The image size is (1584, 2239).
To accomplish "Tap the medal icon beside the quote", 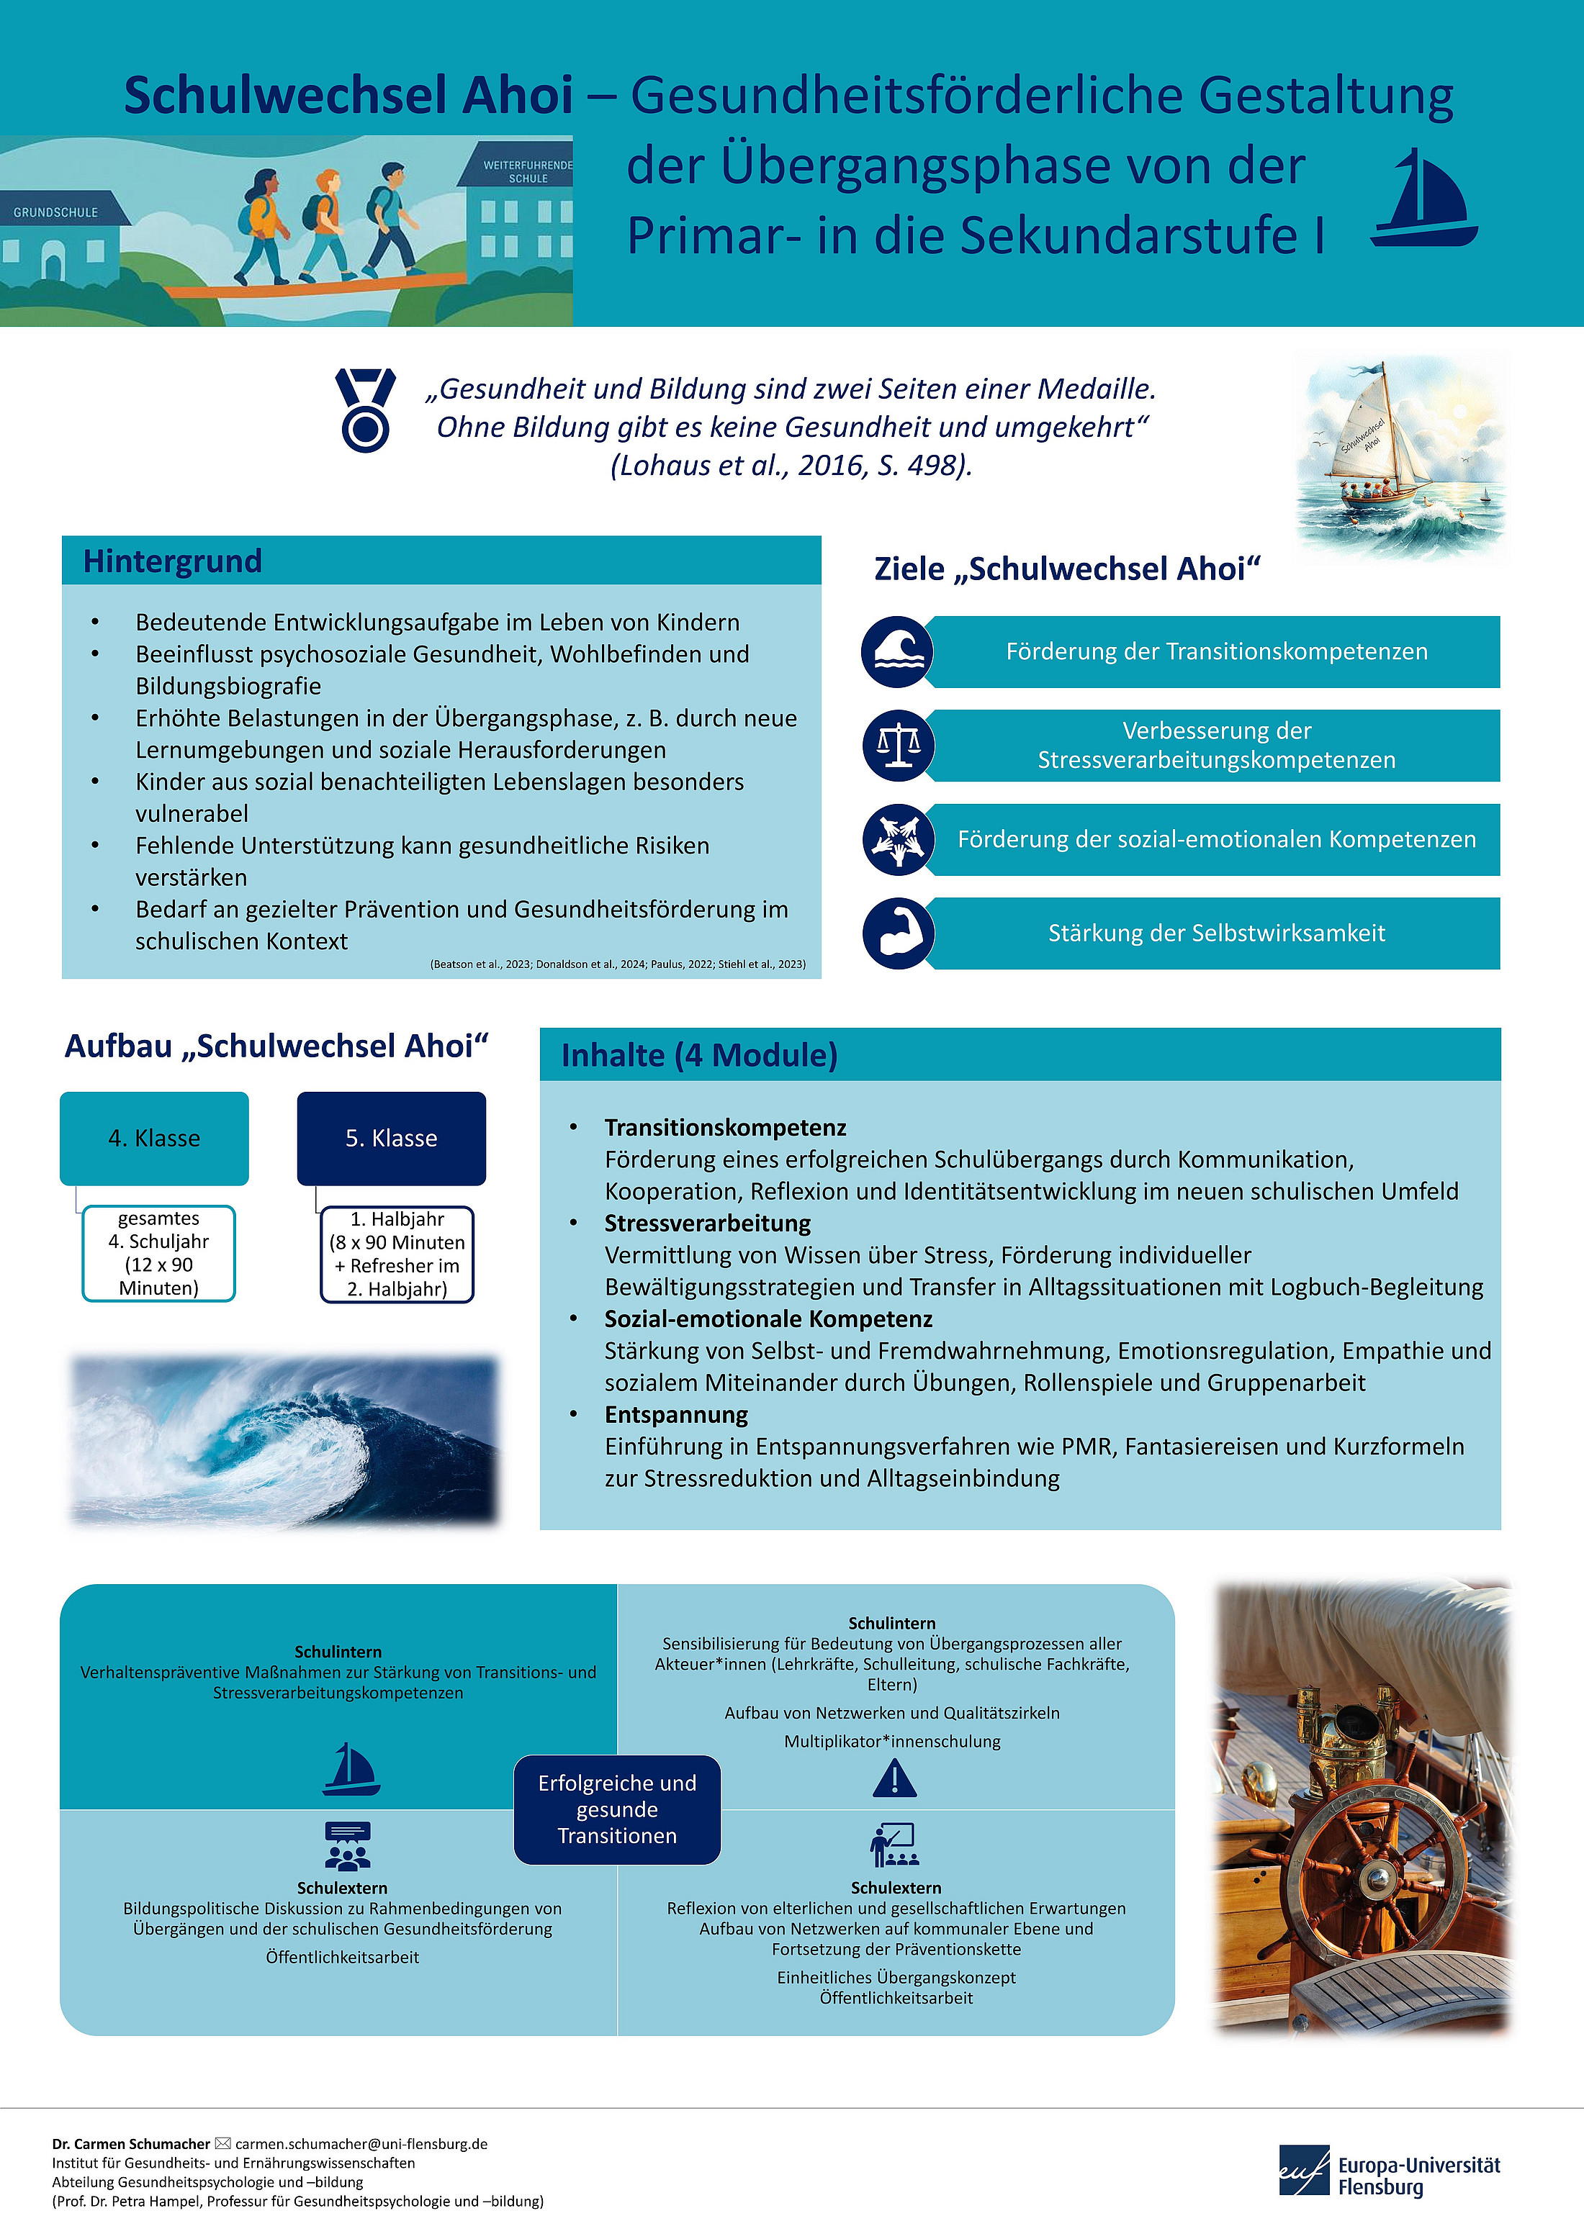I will click(x=366, y=410).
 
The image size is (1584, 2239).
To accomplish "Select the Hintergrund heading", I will click(x=173, y=561).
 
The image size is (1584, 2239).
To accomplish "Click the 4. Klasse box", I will click(x=154, y=1138).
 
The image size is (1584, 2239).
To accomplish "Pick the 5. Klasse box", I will click(x=391, y=1138).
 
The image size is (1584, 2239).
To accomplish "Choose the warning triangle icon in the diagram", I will click(x=894, y=1778).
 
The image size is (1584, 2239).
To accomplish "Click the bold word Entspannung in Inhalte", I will click(x=676, y=1414).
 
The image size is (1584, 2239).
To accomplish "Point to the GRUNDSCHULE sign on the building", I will click(x=55, y=212).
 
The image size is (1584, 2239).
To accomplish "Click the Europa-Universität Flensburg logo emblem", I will click(x=1304, y=2171).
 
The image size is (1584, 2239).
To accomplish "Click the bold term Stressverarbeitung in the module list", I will click(x=707, y=1223).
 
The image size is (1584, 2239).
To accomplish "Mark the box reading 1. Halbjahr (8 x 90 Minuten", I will click(x=397, y=1254).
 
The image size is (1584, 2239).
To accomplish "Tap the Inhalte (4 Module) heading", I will click(x=699, y=1055).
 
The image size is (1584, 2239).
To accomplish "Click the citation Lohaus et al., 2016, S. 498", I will click(x=791, y=465).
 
